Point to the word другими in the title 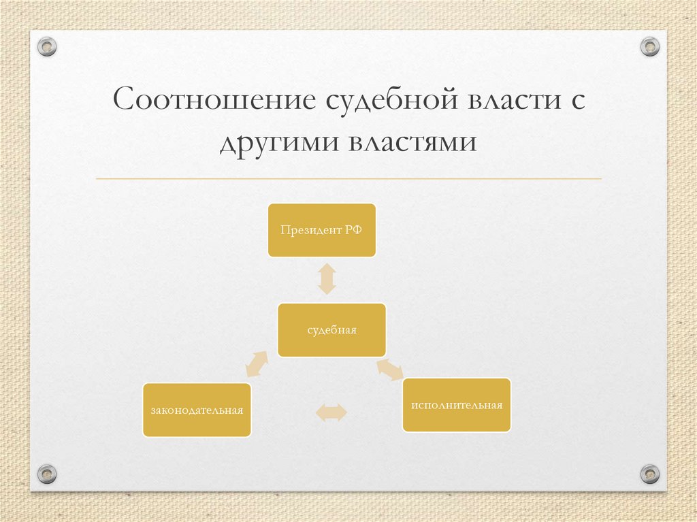point(278,144)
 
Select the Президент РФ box point(321,230)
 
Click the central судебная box point(331,330)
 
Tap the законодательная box point(197,410)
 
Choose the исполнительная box point(456,405)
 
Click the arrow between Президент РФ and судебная point(327,278)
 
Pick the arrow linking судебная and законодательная point(256,364)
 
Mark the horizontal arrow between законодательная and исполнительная point(331,412)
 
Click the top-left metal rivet point(47,47)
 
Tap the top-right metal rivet point(650,47)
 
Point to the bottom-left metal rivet point(47,473)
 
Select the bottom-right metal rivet point(650,473)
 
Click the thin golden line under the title point(348,179)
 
